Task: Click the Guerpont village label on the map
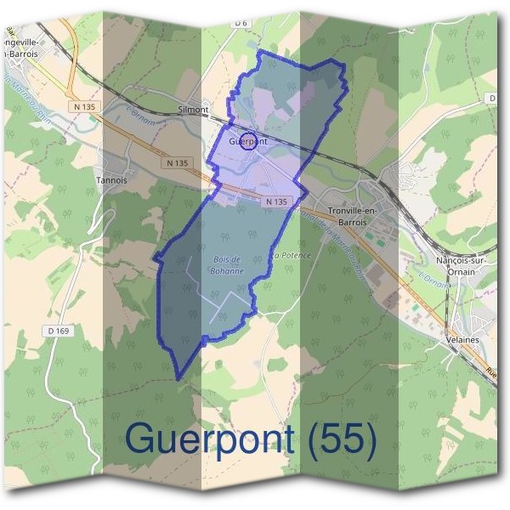point(248,142)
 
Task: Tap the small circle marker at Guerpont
point(247,141)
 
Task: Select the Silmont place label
point(193,110)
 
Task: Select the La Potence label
point(292,255)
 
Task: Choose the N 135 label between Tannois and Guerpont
point(177,162)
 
